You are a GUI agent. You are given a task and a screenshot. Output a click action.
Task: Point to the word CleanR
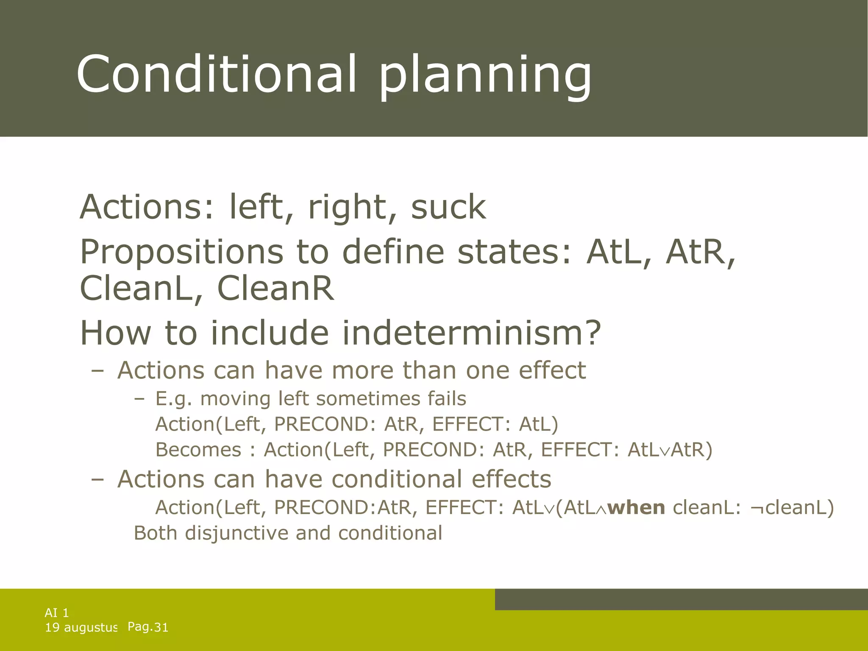275,289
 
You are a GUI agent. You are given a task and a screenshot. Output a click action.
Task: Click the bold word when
636,507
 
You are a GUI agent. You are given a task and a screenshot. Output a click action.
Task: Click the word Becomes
198,450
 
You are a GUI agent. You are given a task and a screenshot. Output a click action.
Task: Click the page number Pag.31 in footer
148,626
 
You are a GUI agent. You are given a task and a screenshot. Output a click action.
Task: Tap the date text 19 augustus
81,627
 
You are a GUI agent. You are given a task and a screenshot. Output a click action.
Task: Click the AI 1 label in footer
57,612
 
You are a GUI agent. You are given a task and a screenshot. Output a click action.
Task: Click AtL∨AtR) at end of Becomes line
670,450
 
